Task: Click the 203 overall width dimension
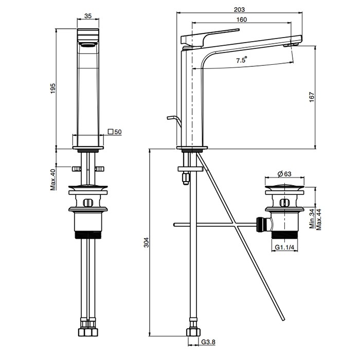pyautogui.click(x=239, y=10)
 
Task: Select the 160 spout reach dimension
pyautogui.click(x=242, y=20)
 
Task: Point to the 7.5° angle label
pyautogui.click(x=242, y=60)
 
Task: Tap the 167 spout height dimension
pyautogui.click(x=312, y=97)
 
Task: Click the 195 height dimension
pyautogui.click(x=53, y=88)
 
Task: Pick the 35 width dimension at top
pyautogui.click(x=88, y=15)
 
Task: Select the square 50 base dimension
pyautogui.click(x=115, y=132)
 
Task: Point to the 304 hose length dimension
pyautogui.click(x=146, y=242)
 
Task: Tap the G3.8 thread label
pyautogui.click(x=208, y=342)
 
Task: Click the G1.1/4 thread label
pyautogui.click(x=284, y=247)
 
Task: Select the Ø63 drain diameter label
pyautogui.click(x=284, y=174)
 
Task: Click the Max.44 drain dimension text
pyautogui.click(x=319, y=219)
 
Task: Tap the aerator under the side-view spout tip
pyautogui.click(x=291, y=45)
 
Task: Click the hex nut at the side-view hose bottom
pyautogui.click(x=193, y=332)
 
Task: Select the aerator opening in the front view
pyautogui.click(x=88, y=45)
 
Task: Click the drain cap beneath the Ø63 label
pyautogui.click(x=285, y=186)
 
